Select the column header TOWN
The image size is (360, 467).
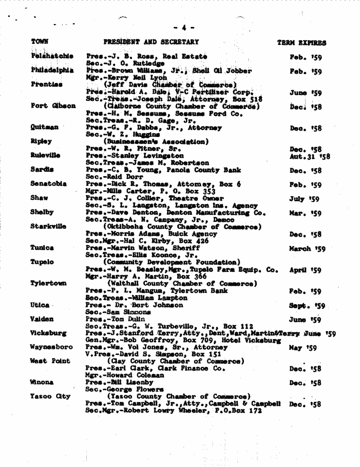click(40, 42)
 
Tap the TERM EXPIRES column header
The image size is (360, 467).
click(301, 42)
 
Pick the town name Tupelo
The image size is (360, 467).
click(42, 262)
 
